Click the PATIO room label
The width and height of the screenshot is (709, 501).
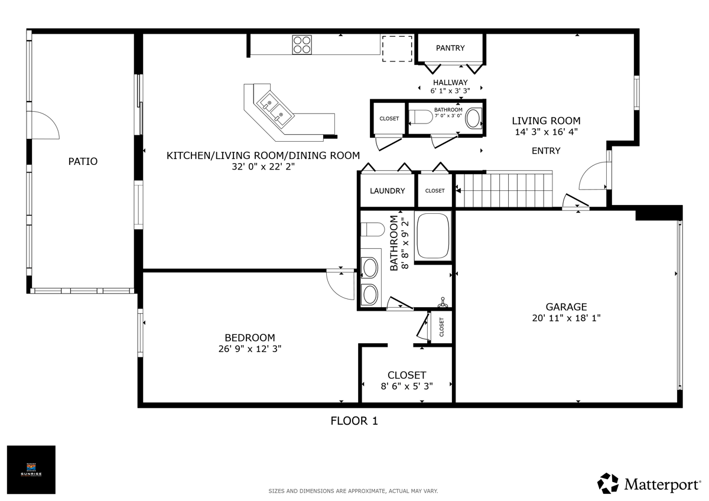[x=83, y=161]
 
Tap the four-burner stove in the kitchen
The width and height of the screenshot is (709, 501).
[x=302, y=44]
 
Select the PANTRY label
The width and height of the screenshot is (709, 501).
[x=450, y=48]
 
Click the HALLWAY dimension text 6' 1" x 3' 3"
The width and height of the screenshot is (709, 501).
[x=450, y=91]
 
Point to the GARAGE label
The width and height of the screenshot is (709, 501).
[x=566, y=307]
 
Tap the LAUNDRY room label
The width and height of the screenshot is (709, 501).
[x=387, y=191]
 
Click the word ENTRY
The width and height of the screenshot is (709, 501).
[x=546, y=151]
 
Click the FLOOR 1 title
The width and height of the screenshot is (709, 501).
[x=353, y=421]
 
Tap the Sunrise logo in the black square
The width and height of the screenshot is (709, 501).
[x=31, y=470]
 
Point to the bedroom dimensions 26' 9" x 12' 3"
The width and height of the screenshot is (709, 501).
[x=249, y=349]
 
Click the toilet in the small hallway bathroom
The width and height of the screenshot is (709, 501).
[x=421, y=118]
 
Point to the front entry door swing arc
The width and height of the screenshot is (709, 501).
[x=593, y=177]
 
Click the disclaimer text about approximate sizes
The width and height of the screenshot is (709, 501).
[x=353, y=491]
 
